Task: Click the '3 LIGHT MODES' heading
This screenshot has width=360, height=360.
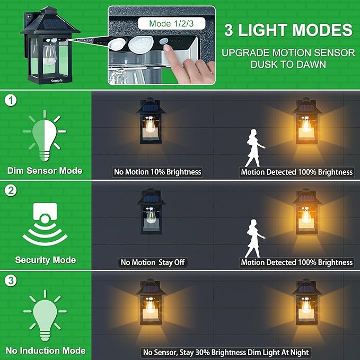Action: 288,30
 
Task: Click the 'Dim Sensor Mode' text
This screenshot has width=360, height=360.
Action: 45,171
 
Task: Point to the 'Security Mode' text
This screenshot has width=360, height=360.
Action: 45,260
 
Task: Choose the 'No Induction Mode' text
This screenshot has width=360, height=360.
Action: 45,350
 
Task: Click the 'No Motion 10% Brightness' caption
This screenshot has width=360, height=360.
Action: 158,172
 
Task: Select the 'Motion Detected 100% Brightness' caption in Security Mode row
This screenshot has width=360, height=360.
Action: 296,262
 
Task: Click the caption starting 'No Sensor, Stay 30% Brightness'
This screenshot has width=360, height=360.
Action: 225,352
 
